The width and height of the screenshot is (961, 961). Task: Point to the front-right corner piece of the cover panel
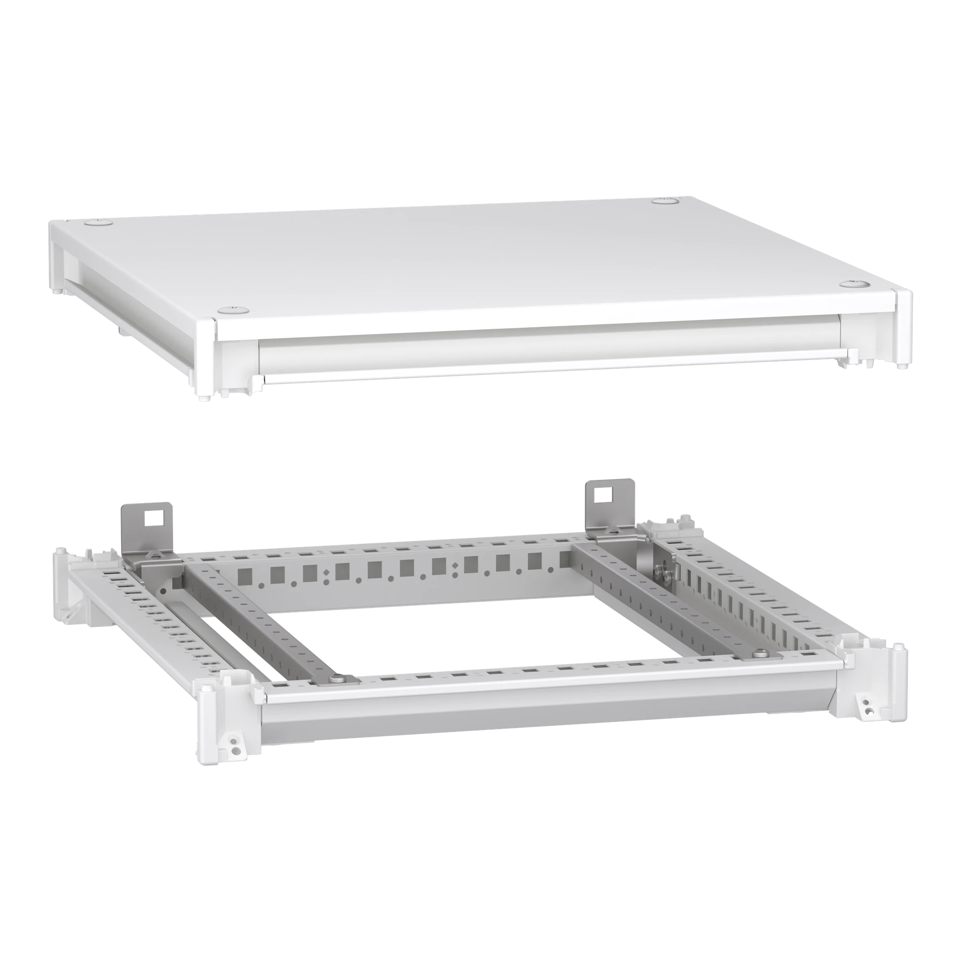[904, 328]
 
